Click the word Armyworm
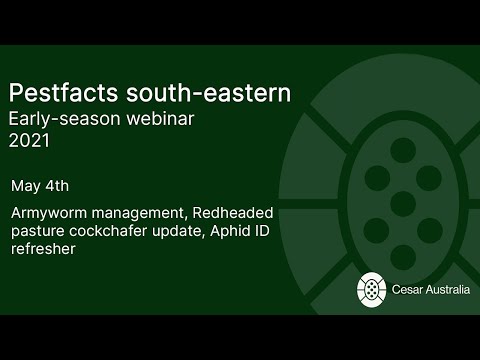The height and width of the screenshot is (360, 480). [49, 213]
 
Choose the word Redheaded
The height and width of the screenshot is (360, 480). [236, 213]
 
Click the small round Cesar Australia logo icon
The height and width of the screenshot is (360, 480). [372, 289]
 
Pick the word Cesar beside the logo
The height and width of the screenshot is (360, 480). [409, 290]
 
